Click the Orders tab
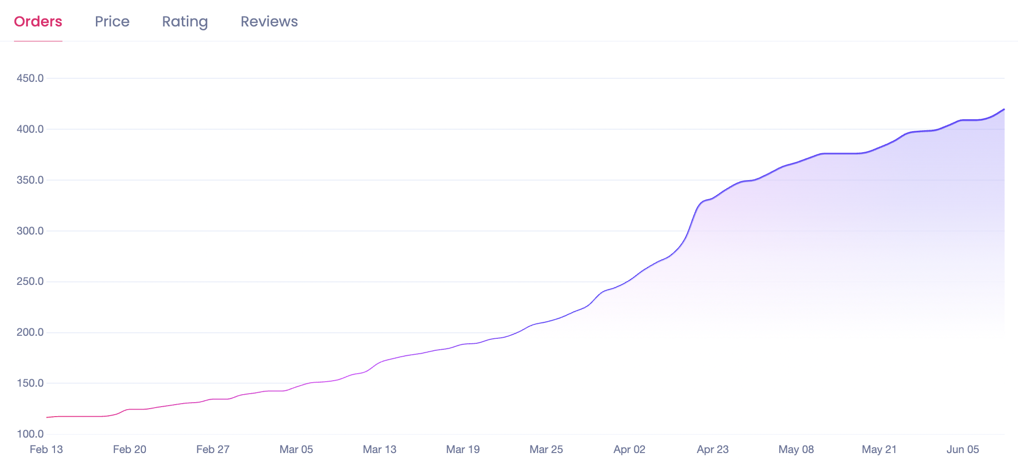(38, 21)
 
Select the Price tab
(112, 21)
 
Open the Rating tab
(185, 21)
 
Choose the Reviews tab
(269, 21)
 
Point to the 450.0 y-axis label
(30, 78)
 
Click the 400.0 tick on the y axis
(30, 129)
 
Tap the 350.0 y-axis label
(30, 180)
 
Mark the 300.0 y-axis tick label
(30, 231)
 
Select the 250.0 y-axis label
(30, 281)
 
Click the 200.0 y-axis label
(30, 332)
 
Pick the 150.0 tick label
(30, 383)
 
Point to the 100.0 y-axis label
(30, 434)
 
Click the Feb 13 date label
(46, 450)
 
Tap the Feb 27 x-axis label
(213, 450)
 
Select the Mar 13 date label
(380, 450)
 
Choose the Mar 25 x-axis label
(546, 450)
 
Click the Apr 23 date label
(713, 450)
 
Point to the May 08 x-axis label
(796, 450)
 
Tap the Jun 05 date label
(963, 450)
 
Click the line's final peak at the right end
(1004, 109)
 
